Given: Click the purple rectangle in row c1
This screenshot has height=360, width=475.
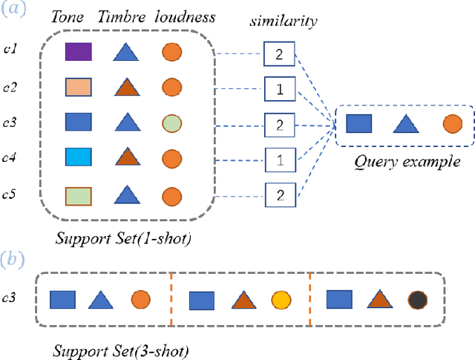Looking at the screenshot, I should tap(77, 52).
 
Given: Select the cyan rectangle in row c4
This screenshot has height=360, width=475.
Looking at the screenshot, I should tap(77, 157).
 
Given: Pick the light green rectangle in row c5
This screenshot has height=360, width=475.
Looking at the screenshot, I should tap(77, 195).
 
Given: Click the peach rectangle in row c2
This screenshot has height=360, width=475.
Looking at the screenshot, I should tap(77, 87).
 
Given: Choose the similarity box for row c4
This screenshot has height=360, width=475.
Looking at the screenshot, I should tap(278, 159).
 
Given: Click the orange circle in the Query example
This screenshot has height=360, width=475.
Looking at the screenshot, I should tap(452, 123).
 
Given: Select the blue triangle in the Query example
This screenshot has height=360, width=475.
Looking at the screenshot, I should tap(404, 123).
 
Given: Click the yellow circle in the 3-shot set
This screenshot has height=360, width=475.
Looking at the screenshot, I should tap(281, 300).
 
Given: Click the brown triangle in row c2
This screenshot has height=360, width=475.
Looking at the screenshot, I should tap(127, 87).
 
